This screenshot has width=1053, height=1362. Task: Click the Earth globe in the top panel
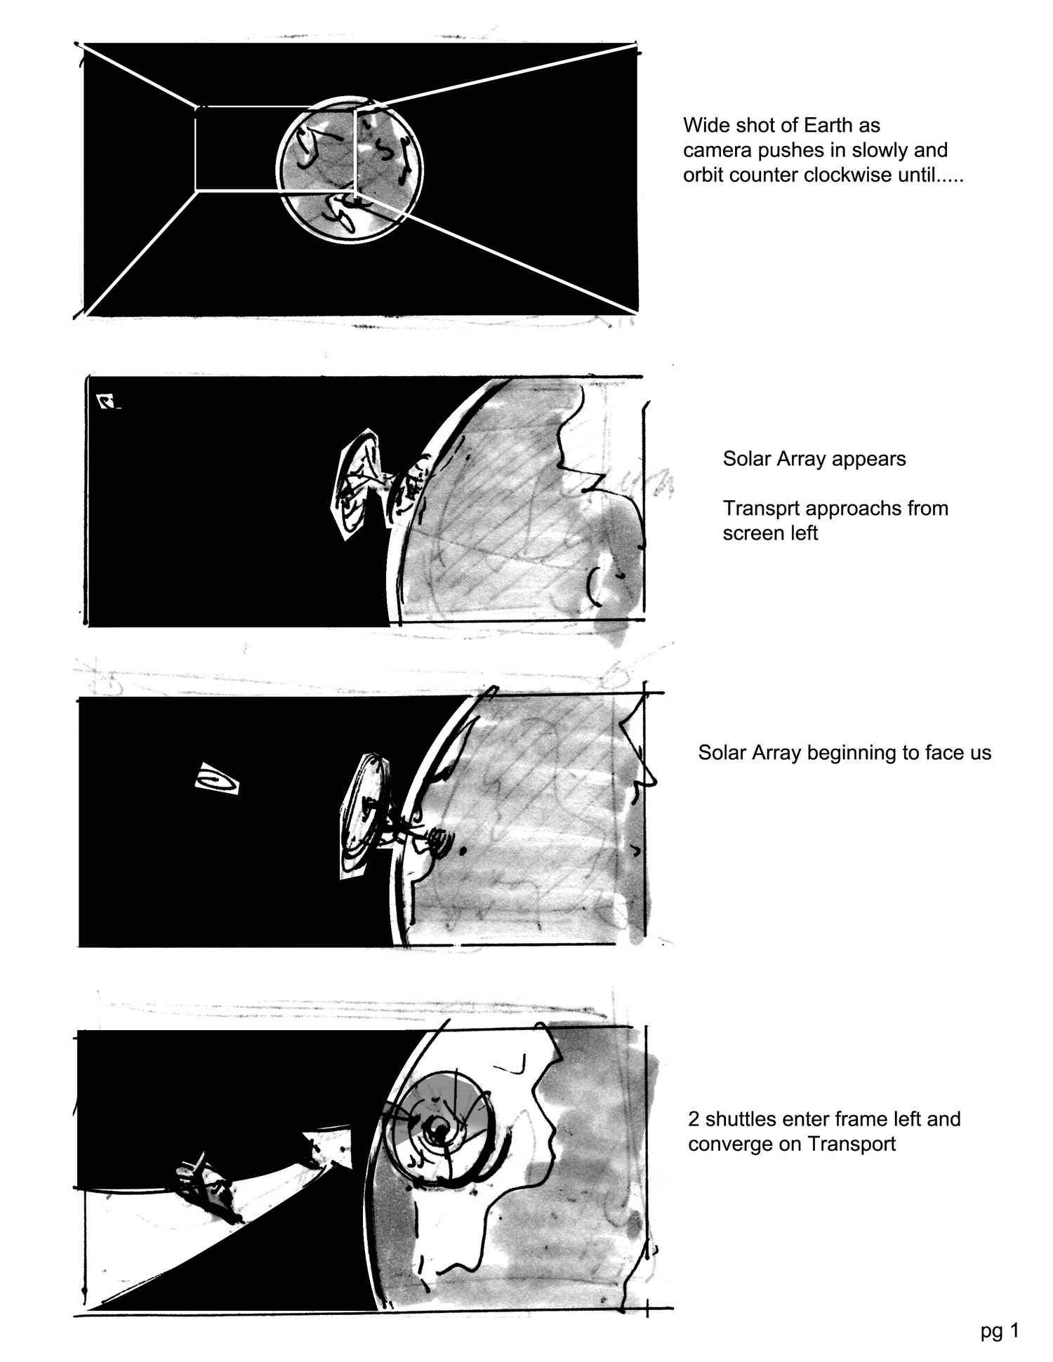click(x=350, y=169)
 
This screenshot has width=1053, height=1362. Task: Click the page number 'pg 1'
click(x=1000, y=1330)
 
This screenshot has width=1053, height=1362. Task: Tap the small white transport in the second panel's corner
click(x=107, y=401)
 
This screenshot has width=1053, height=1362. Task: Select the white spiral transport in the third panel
click(x=217, y=778)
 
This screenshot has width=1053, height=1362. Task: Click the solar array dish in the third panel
click(x=363, y=816)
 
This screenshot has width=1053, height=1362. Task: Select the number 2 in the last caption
click(x=694, y=1119)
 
